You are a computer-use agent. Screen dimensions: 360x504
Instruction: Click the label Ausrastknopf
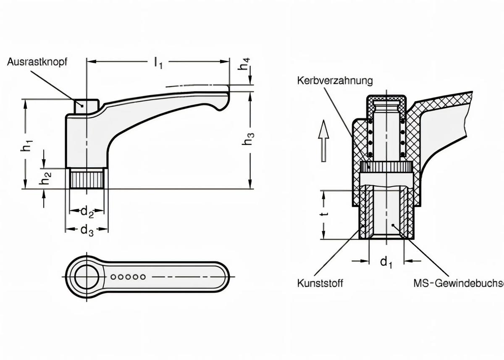[37, 62]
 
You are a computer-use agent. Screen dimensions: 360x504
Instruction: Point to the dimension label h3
[248, 139]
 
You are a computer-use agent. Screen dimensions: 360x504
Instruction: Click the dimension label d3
[87, 230]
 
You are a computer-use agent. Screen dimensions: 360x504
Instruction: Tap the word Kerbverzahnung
[335, 80]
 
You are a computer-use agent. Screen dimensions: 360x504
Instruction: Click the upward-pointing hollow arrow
[323, 140]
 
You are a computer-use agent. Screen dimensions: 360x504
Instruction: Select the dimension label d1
[386, 263]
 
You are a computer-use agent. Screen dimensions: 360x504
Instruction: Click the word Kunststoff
[320, 284]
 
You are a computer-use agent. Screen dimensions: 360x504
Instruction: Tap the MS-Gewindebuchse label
[458, 284]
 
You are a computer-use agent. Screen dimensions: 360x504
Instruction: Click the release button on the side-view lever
[87, 106]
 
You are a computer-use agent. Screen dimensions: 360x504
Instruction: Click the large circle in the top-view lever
[87, 277]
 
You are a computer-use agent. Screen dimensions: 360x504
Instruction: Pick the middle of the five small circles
[128, 277]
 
